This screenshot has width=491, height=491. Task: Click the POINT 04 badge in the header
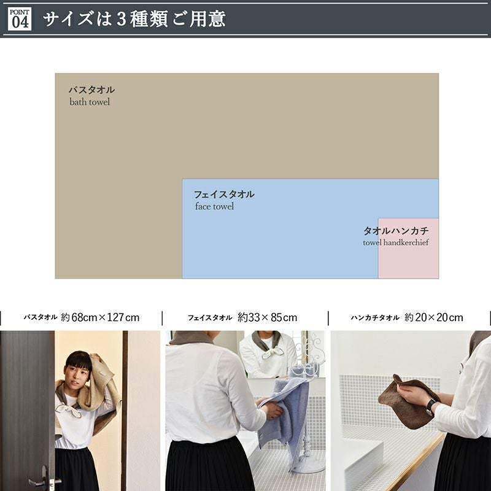click(x=20, y=19)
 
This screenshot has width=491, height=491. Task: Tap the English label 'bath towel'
click(x=90, y=102)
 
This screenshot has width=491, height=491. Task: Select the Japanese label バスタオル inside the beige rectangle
click(x=91, y=90)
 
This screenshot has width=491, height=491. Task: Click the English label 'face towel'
click(x=214, y=206)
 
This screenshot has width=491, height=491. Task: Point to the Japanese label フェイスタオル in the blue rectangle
click(x=224, y=195)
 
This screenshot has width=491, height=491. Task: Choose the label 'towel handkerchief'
click(x=396, y=242)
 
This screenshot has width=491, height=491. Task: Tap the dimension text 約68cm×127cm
click(x=100, y=317)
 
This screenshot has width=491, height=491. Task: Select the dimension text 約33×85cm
click(x=267, y=317)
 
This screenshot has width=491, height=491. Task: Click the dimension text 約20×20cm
click(x=434, y=317)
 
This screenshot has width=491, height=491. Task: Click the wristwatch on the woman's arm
click(x=431, y=407)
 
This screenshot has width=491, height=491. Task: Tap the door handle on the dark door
click(x=40, y=479)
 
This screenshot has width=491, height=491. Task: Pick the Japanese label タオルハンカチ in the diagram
click(x=396, y=231)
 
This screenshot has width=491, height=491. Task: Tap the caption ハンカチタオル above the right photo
click(x=375, y=317)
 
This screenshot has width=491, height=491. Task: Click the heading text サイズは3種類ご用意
click(x=134, y=19)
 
